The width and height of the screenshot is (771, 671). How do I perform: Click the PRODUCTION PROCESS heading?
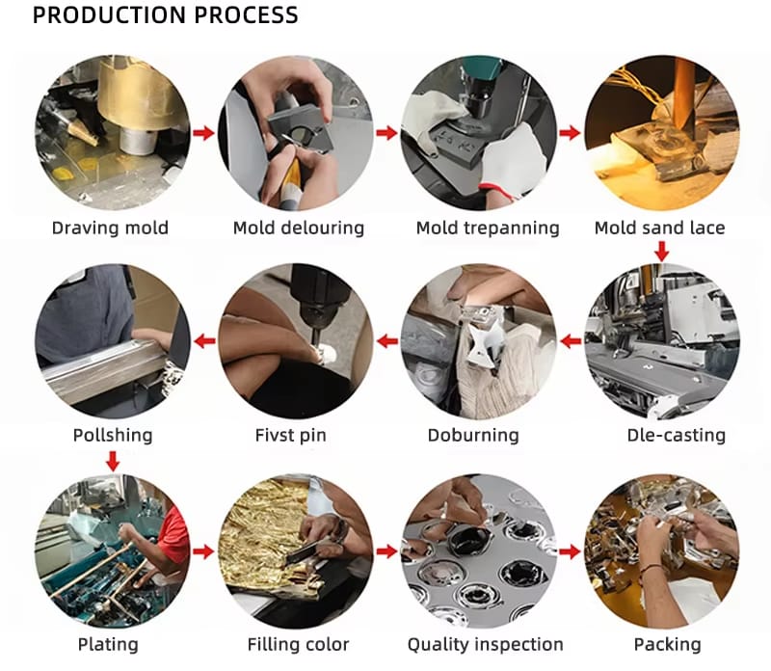click(165, 15)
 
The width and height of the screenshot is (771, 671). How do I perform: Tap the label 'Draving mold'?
click(110, 228)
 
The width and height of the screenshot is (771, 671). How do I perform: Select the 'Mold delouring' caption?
click(299, 228)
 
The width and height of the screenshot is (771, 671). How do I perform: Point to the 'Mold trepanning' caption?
click(488, 228)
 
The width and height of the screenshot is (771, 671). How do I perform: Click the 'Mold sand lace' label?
click(660, 228)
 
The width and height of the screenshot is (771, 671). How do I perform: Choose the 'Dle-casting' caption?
click(677, 435)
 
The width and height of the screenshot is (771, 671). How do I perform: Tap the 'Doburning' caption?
click(473, 435)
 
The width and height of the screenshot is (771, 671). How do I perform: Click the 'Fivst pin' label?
click(291, 435)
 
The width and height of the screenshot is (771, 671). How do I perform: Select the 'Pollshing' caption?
click(113, 435)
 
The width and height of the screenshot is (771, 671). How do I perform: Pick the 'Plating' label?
click(108, 644)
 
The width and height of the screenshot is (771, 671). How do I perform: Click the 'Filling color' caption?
click(298, 644)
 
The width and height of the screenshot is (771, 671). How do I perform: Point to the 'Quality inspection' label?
click(486, 644)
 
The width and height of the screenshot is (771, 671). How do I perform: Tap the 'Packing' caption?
click(667, 644)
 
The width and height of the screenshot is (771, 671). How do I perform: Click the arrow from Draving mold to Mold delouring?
click(203, 132)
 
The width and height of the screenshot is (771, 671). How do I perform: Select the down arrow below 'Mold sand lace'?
click(662, 252)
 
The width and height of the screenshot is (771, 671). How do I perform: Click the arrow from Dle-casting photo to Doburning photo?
click(571, 341)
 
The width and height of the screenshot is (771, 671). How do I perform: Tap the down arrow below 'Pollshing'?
click(113, 461)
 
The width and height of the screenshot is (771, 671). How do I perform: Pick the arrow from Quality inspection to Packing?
click(570, 551)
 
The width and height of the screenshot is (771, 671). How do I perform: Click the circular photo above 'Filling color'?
click(295, 550)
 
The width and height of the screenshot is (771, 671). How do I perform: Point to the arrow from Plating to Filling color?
click(203, 551)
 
